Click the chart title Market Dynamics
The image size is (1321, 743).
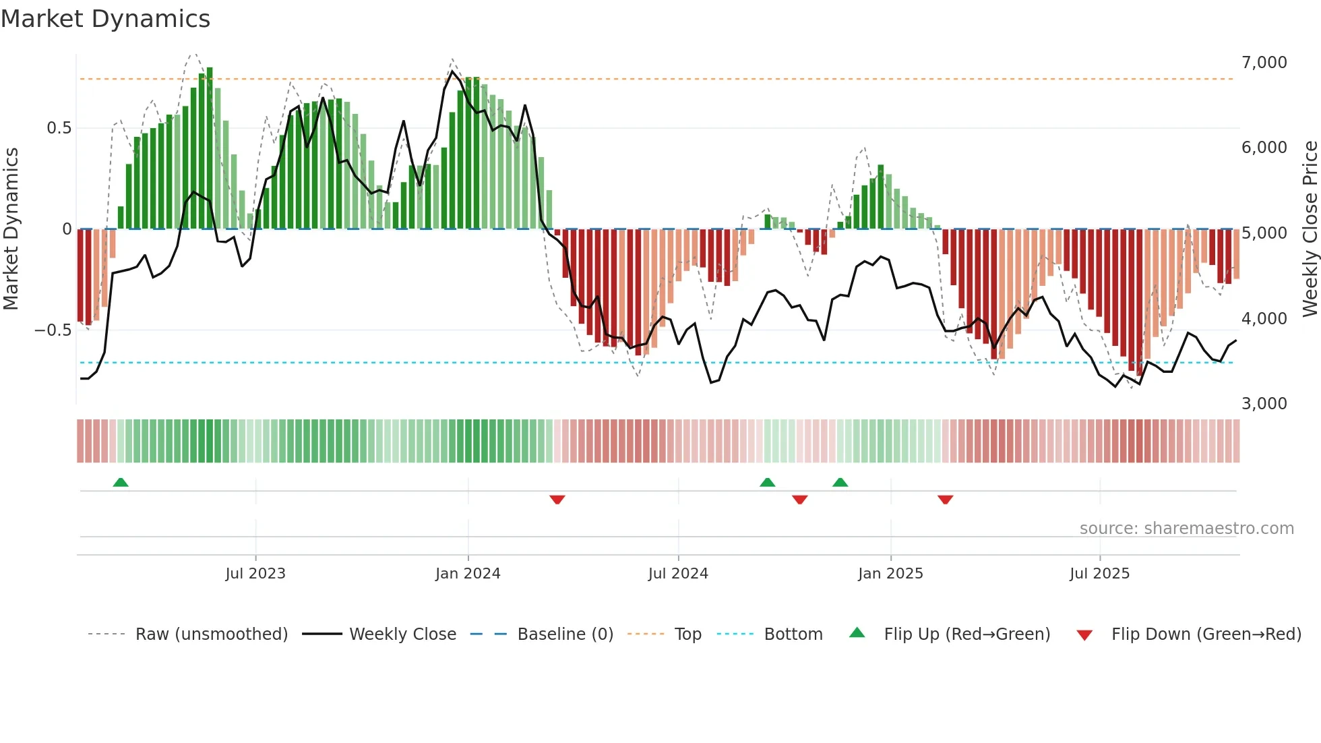[x=105, y=19]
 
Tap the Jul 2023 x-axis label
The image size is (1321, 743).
[x=255, y=574]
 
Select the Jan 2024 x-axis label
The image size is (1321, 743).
[x=468, y=574]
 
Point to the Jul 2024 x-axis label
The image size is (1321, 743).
[x=678, y=574]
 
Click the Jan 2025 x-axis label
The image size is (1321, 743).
[x=890, y=574]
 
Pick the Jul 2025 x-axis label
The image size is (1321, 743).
[x=1099, y=574]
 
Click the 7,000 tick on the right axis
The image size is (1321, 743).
[x=1264, y=63]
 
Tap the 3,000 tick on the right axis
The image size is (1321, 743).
[x=1264, y=404]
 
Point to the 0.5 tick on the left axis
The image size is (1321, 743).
[x=59, y=128]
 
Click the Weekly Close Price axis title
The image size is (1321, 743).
[x=1310, y=229]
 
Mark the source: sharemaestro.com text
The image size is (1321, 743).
[x=1186, y=529]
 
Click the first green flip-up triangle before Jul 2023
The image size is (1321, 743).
[x=121, y=483]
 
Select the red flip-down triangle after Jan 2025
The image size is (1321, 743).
[x=945, y=500]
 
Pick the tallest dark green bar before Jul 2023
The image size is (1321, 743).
[x=210, y=148]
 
